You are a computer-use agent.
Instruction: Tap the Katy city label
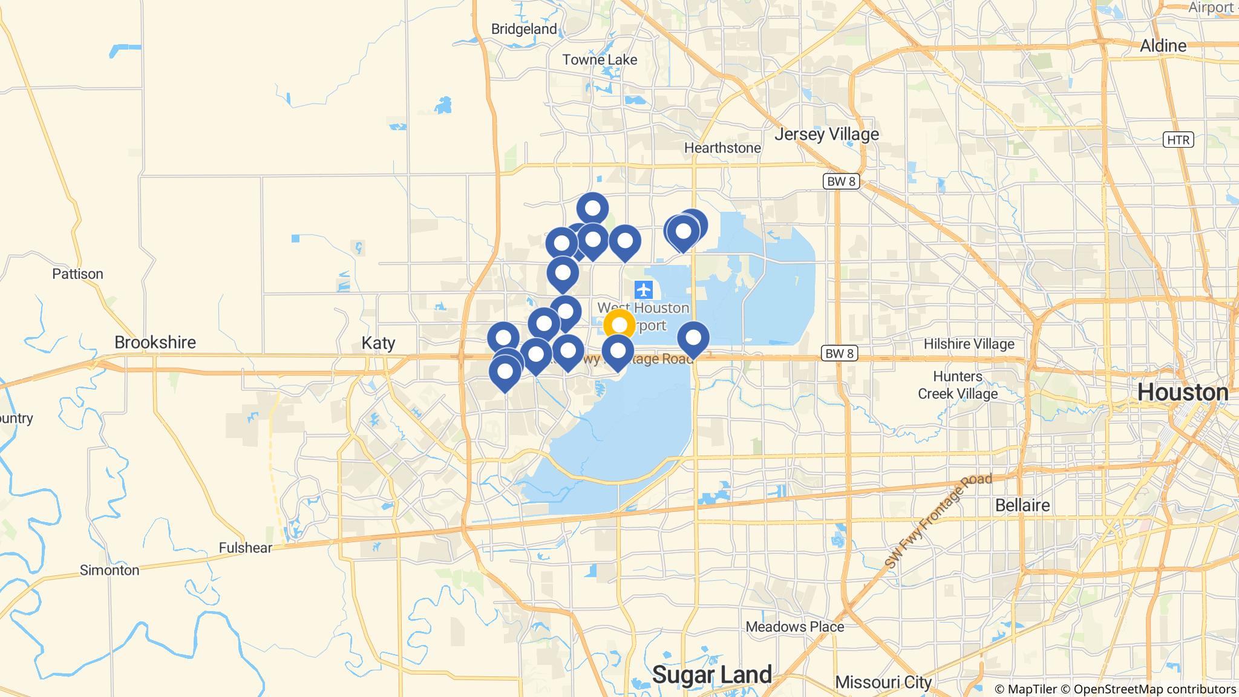point(378,343)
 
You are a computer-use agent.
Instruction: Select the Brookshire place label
point(155,342)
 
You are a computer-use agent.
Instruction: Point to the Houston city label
point(1183,393)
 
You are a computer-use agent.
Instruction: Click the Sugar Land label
point(712,674)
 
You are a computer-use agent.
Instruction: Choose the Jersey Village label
point(826,134)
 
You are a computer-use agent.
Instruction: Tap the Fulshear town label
point(246,548)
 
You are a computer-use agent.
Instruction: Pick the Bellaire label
point(1022,505)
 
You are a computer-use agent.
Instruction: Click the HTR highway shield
point(1178,140)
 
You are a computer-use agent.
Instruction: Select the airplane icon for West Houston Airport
point(644,290)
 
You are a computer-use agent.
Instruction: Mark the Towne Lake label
point(600,60)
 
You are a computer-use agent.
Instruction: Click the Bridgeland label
point(524,29)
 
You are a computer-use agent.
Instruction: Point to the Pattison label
point(77,274)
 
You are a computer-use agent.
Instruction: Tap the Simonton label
point(110,570)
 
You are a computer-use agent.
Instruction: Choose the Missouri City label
point(883,682)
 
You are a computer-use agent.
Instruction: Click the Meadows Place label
point(794,626)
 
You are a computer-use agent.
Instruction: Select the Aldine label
point(1163,46)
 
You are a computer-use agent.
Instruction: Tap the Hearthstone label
point(722,148)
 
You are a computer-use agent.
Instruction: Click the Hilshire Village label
point(969,344)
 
